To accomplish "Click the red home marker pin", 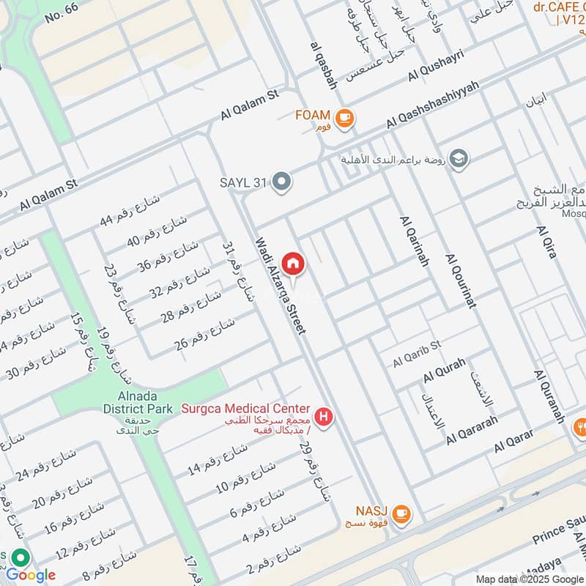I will (294, 264).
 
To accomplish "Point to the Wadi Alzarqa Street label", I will (280, 286).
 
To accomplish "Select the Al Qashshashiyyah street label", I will (432, 104).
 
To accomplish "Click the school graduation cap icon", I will (459, 159).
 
